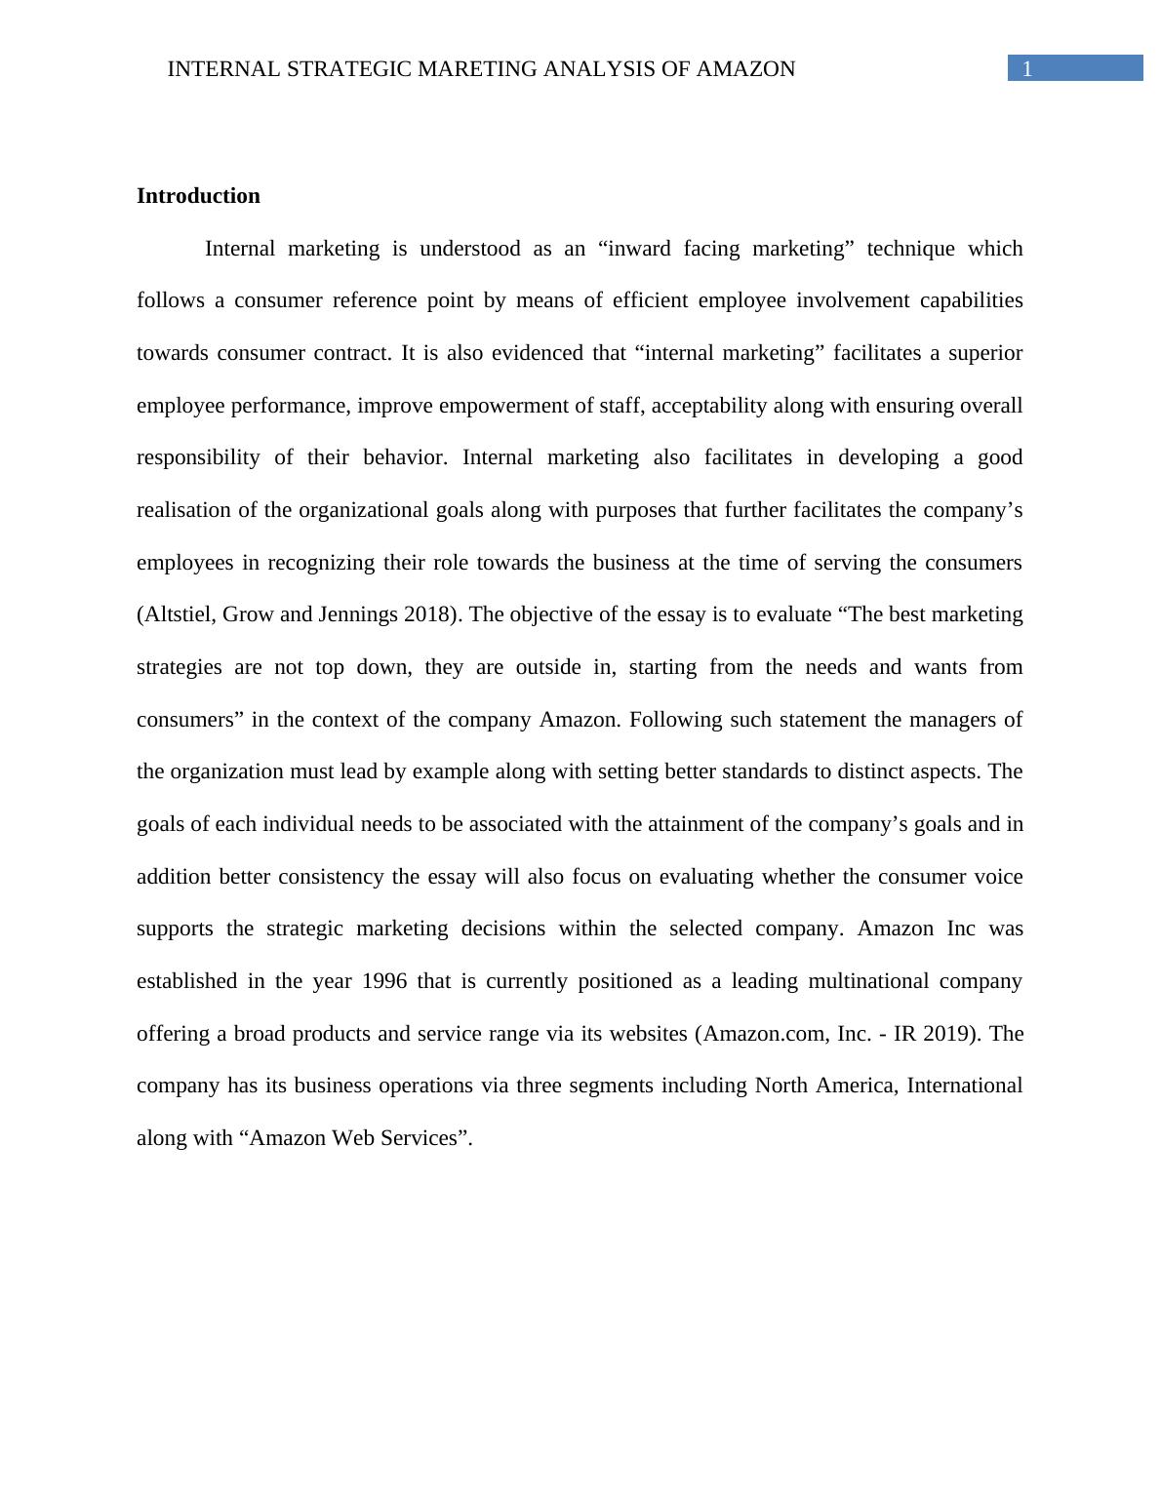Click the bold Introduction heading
pos(198,196)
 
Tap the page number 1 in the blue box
pos(1026,68)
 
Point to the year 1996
pos(383,981)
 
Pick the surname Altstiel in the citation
pos(180,614)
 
